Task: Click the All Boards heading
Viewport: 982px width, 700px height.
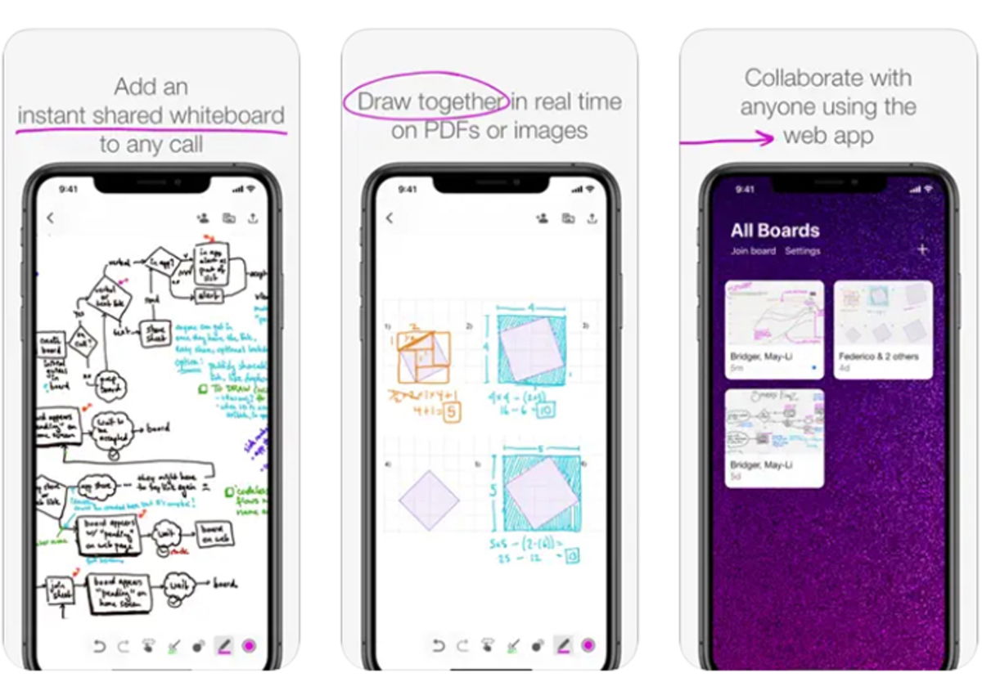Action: pyautogui.click(x=775, y=230)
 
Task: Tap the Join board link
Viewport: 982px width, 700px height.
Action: pyautogui.click(x=753, y=251)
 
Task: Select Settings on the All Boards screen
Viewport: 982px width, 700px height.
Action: pyautogui.click(x=802, y=251)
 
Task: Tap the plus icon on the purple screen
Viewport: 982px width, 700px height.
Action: pyautogui.click(x=922, y=249)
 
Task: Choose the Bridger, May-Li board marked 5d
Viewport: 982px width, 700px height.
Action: pyautogui.click(x=774, y=437)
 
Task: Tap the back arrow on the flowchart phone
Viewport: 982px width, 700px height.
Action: pyautogui.click(x=51, y=218)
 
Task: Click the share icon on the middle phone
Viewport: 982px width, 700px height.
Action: pyautogui.click(x=592, y=218)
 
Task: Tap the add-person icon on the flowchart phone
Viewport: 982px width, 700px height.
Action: pyautogui.click(x=203, y=218)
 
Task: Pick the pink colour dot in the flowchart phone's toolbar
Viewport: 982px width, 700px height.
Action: pyautogui.click(x=249, y=646)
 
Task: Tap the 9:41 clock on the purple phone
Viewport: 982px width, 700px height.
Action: pyautogui.click(x=745, y=189)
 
